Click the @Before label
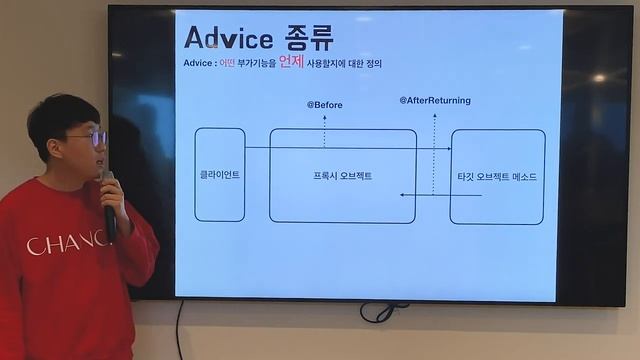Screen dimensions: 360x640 pyautogui.click(x=324, y=104)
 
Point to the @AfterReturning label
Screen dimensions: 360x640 pyautogui.click(x=435, y=101)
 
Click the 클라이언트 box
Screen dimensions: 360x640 pyautogui.click(x=219, y=175)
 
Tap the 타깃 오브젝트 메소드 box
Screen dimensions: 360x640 pyautogui.click(x=497, y=176)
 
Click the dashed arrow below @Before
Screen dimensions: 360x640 pyautogui.click(x=324, y=129)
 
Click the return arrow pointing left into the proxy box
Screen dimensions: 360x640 pyautogui.click(x=440, y=195)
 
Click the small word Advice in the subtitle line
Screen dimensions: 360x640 pyautogui.click(x=198, y=64)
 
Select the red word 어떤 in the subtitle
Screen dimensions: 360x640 pyautogui.click(x=227, y=64)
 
